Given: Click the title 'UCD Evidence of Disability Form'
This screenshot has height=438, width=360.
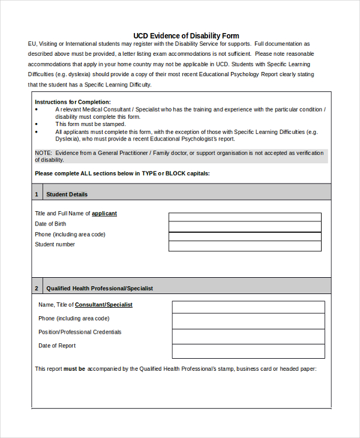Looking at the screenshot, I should (x=186, y=36).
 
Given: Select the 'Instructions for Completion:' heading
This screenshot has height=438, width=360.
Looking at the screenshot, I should (x=73, y=102).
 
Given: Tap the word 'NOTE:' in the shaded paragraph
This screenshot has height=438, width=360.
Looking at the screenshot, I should (x=43, y=153).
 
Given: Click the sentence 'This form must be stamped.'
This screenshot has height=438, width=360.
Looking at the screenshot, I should (x=91, y=124).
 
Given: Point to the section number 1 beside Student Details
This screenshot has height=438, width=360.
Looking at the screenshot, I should (x=37, y=194).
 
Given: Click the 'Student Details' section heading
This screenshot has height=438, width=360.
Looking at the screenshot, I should (x=67, y=194).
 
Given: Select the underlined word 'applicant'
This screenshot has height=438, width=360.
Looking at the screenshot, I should (x=104, y=214).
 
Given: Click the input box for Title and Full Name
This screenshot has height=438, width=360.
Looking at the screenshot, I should (x=245, y=217).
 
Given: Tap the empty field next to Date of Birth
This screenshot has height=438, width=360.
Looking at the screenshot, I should (x=245, y=227).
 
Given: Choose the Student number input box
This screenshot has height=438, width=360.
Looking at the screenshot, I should (x=245, y=246).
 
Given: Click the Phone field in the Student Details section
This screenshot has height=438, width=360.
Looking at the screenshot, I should (x=245, y=236).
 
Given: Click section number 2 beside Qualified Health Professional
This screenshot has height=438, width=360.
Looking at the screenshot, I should (x=37, y=289).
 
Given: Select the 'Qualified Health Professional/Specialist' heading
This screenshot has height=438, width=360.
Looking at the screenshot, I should (x=100, y=289).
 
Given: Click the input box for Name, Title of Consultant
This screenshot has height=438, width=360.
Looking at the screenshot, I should (x=248, y=307).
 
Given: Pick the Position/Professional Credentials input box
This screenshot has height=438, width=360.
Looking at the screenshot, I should (x=248, y=335).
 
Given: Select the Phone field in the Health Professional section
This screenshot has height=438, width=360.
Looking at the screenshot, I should (x=248, y=321).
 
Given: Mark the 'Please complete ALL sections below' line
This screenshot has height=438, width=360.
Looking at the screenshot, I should (x=122, y=173).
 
